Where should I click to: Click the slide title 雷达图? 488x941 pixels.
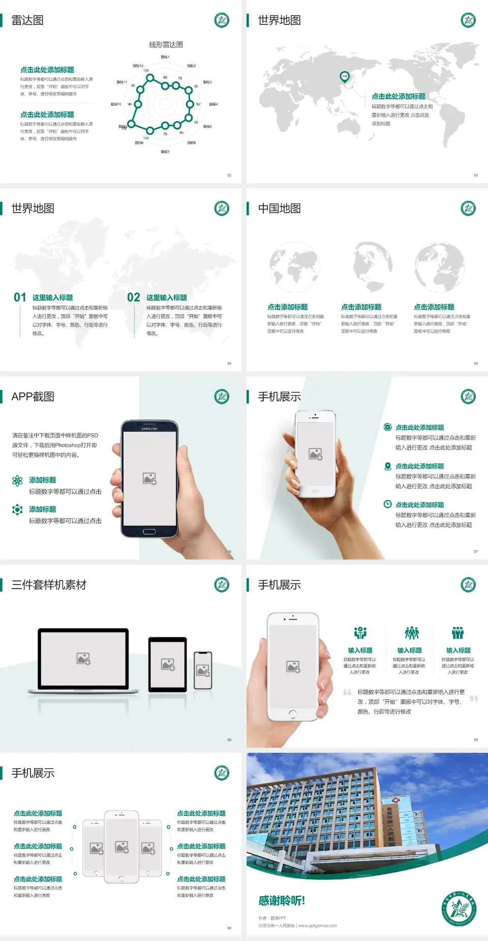click(x=27, y=20)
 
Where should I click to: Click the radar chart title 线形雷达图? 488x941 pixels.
click(x=166, y=45)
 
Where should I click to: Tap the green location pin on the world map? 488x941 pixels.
click(x=344, y=77)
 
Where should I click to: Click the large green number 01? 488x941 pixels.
click(x=20, y=298)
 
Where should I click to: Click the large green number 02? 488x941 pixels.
click(x=134, y=298)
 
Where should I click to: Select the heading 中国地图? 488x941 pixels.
click(x=279, y=209)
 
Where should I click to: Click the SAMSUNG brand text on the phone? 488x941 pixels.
click(x=149, y=429)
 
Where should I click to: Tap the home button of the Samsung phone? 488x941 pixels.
click(x=149, y=532)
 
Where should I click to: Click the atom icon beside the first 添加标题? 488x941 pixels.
click(x=17, y=481)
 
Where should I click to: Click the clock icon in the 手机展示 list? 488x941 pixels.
click(x=387, y=504)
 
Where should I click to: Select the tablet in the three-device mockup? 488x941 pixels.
click(x=168, y=664)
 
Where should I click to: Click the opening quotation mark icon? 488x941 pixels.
click(x=347, y=692)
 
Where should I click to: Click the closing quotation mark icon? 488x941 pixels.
click(x=474, y=699)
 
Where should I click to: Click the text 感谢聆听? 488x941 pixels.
click(x=282, y=901)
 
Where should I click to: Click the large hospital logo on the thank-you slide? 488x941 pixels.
click(x=459, y=908)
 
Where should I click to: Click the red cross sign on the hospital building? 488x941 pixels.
click(x=395, y=800)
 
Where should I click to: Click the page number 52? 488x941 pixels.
click(x=229, y=175)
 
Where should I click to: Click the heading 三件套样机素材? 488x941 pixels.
click(x=49, y=585)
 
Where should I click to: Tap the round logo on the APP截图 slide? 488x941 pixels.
click(x=222, y=397)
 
